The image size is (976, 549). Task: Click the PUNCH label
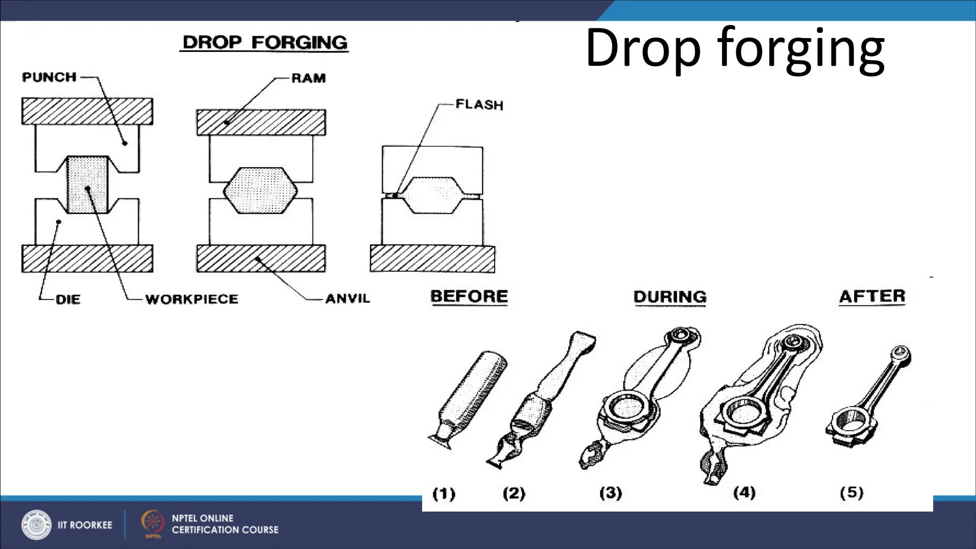tap(50, 77)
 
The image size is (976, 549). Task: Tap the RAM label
tap(308, 78)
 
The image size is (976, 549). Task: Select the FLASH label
tap(479, 104)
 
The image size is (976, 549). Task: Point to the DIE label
tap(68, 299)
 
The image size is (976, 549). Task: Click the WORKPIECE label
tap(192, 299)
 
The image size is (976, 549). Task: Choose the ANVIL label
tap(347, 299)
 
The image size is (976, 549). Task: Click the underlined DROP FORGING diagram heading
tap(265, 42)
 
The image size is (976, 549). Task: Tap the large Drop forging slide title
tap(734, 49)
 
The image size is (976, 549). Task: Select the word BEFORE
tap(469, 296)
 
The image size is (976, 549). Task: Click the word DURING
tap(670, 297)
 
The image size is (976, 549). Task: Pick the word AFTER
tap(872, 296)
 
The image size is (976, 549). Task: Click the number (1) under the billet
tap(444, 493)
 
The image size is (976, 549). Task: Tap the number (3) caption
tap(610, 492)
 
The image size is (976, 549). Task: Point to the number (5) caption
tap(851, 492)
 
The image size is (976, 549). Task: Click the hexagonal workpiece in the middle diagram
tap(260, 190)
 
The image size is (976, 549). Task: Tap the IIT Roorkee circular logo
tap(36, 525)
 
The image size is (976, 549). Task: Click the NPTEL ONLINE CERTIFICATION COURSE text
tap(225, 524)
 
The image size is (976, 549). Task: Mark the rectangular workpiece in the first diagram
tap(87, 185)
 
